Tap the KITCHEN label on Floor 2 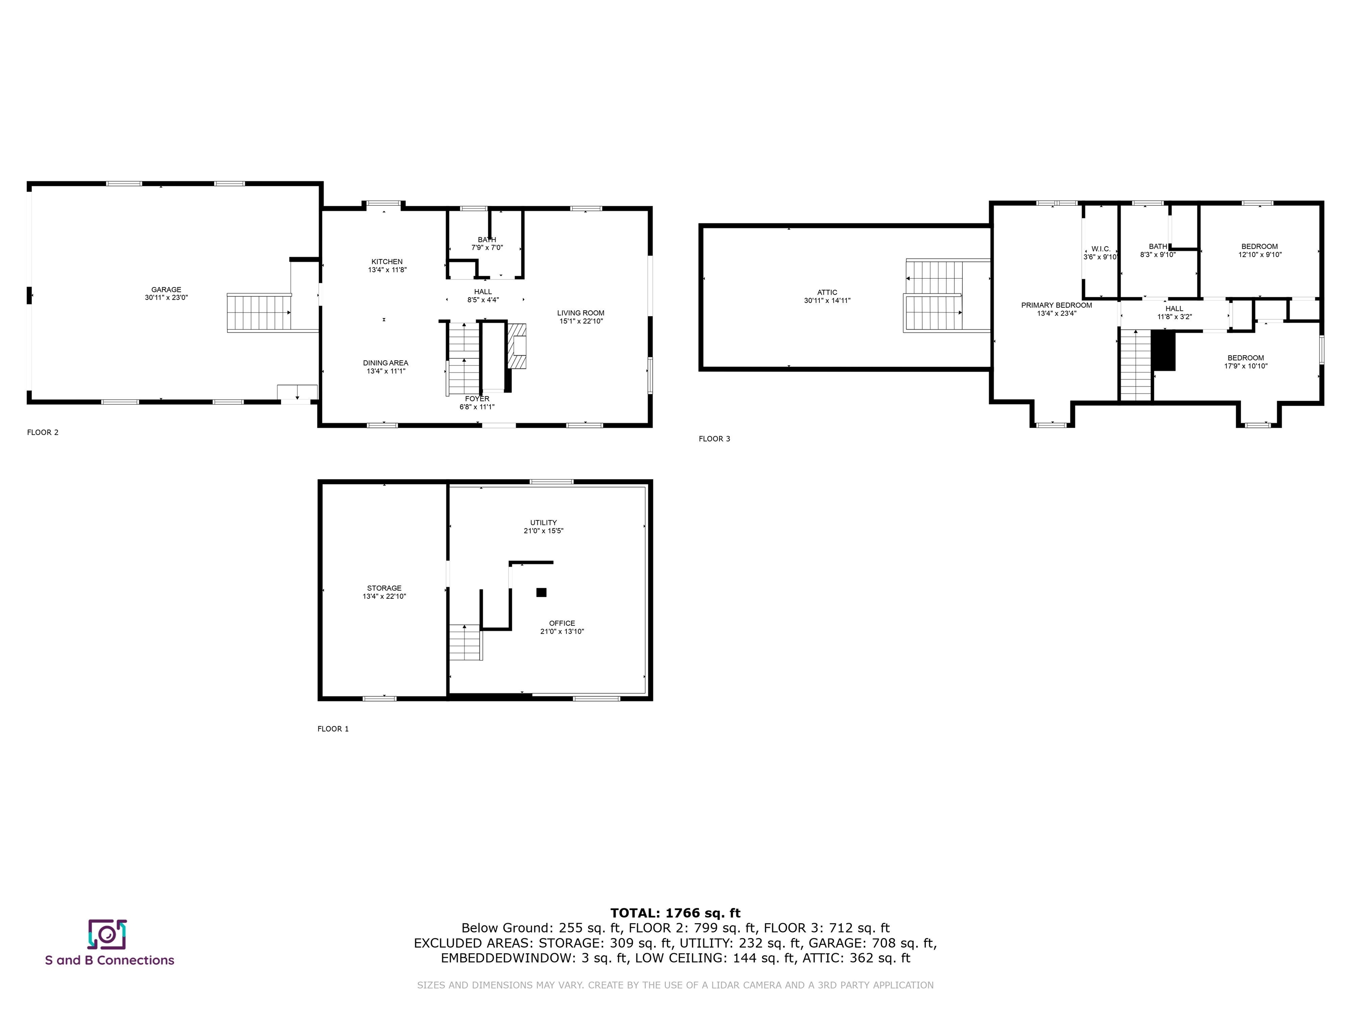tap(387, 261)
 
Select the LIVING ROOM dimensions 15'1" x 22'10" tap(581, 321)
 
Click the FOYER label tap(477, 399)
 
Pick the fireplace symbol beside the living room tap(516, 346)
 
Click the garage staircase tap(259, 312)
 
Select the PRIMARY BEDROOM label tap(1057, 305)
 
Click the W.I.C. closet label tap(1101, 249)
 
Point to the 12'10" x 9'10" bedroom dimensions tap(1260, 255)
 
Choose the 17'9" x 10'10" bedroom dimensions tap(1246, 366)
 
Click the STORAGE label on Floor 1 tap(384, 588)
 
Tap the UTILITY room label tap(544, 523)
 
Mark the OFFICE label tap(562, 623)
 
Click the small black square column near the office tap(541, 592)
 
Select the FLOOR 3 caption tap(715, 438)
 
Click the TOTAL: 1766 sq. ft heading tap(675, 913)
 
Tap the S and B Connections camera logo tap(107, 934)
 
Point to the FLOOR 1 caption tap(333, 729)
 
